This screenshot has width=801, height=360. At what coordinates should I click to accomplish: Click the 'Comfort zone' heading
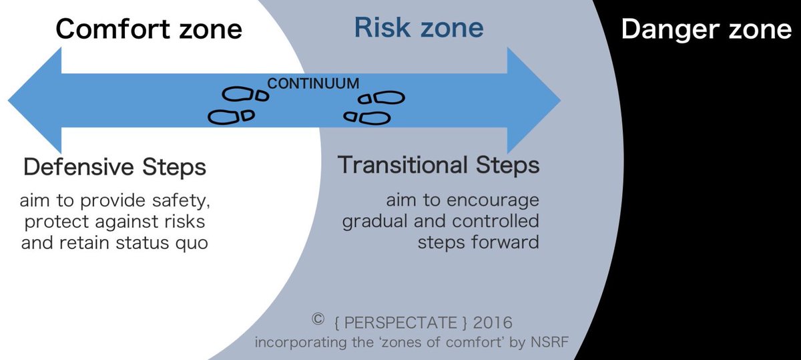point(148,29)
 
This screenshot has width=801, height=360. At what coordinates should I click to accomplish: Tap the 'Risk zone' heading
point(419,28)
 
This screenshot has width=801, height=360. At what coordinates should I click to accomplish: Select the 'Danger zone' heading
point(706,30)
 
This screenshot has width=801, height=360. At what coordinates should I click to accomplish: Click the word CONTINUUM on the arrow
point(313,84)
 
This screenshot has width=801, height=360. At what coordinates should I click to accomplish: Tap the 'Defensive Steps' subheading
point(115,167)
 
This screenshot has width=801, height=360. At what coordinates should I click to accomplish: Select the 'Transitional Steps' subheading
point(439,165)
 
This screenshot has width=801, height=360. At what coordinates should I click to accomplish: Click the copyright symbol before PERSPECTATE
point(318,319)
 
